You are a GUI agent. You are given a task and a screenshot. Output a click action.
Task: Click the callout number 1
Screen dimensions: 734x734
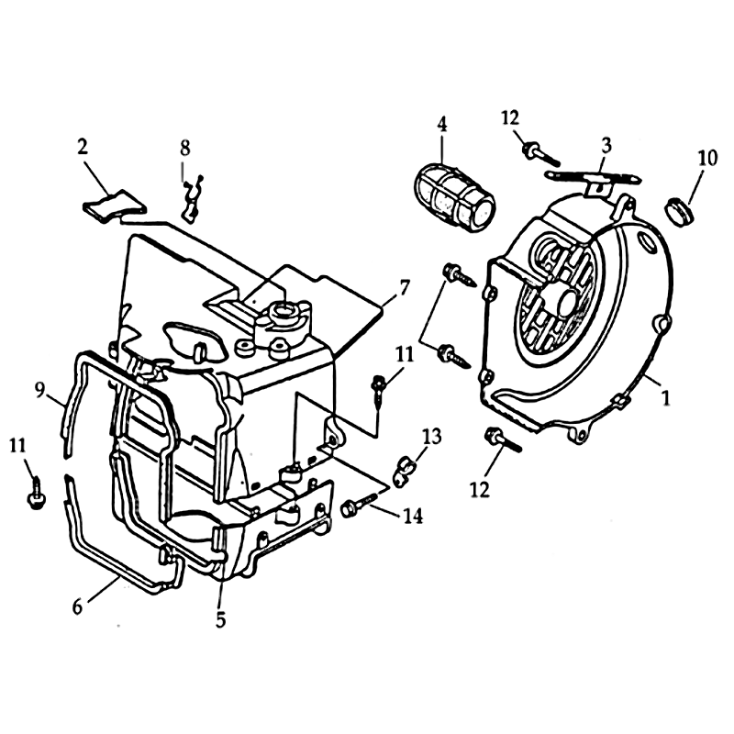pyautogui.click(x=665, y=398)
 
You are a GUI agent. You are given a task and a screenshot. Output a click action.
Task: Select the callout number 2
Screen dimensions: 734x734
pyautogui.click(x=83, y=147)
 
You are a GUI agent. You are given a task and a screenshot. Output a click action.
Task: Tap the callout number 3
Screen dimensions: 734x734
pyautogui.click(x=606, y=146)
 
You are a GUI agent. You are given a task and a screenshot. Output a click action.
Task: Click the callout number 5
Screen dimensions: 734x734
pyautogui.click(x=220, y=620)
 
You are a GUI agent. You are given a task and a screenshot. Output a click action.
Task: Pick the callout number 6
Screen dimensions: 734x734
pyautogui.click(x=77, y=606)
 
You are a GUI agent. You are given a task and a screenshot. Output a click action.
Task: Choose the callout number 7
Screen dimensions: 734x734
pyautogui.click(x=404, y=287)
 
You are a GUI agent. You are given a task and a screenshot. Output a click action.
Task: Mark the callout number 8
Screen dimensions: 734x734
pyautogui.click(x=185, y=149)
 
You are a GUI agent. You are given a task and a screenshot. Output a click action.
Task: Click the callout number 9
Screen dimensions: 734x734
pyautogui.click(x=39, y=390)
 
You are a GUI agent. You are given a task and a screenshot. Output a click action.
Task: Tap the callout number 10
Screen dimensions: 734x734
pyautogui.click(x=707, y=158)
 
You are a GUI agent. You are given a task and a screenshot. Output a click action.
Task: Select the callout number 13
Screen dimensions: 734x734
pyautogui.click(x=431, y=437)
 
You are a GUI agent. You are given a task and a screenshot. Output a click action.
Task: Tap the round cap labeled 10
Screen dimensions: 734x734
pyautogui.click(x=679, y=214)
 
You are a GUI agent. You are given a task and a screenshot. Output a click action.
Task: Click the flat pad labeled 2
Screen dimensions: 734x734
pyautogui.click(x=114, y=204)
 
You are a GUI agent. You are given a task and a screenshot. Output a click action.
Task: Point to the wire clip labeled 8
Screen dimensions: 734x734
pyautogui.click(x=193, y=199)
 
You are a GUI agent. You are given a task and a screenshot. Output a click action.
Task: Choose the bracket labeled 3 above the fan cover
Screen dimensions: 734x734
pyautogui.click(x=595, y=180)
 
